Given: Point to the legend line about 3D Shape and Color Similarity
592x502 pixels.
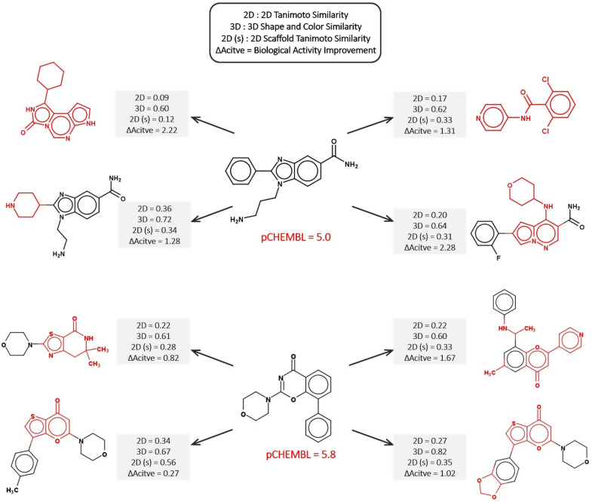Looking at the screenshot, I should pos(295,30).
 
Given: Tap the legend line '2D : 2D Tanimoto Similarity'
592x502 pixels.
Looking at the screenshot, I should pos(295,17).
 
